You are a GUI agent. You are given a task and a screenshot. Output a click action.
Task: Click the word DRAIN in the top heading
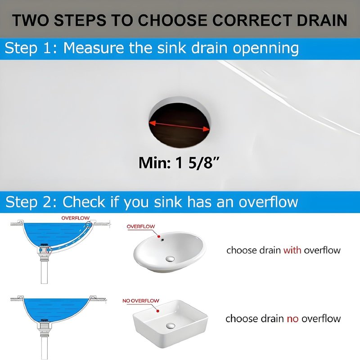click(x=322, y=20)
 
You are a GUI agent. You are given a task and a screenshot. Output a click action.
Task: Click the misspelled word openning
click(x=265, y=49)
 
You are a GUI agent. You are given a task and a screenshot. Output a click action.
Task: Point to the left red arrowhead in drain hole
click(x=153, y=123)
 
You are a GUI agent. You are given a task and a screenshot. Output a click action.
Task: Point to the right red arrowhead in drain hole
click(x=207, y=130)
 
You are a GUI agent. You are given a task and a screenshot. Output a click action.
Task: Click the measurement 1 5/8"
click(x=198, y=163)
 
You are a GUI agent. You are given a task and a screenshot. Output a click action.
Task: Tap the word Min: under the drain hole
click(x=154, y=163)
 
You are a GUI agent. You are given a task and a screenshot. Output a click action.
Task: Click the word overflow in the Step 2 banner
click(x=268, y=202)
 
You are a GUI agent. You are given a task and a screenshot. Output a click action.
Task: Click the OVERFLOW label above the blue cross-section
click(x=75, y=218)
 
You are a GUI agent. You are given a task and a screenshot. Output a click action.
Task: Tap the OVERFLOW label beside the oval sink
click(x=141, y=226)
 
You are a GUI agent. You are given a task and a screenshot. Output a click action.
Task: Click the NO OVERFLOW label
click(x=141, y=301)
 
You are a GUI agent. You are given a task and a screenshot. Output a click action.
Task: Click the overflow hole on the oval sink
click(x=162, y=240)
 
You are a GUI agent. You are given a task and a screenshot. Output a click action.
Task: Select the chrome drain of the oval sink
click(x=170, y=259)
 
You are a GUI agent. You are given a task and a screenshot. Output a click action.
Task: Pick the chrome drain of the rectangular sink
click(x=171, y=325)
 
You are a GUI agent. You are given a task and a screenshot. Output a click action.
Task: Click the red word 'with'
click(x=292, y=250)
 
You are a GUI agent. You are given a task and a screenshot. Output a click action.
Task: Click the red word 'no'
click(x=292, y=319)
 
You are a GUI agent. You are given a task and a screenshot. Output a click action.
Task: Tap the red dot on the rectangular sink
click(x=158, y=311)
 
